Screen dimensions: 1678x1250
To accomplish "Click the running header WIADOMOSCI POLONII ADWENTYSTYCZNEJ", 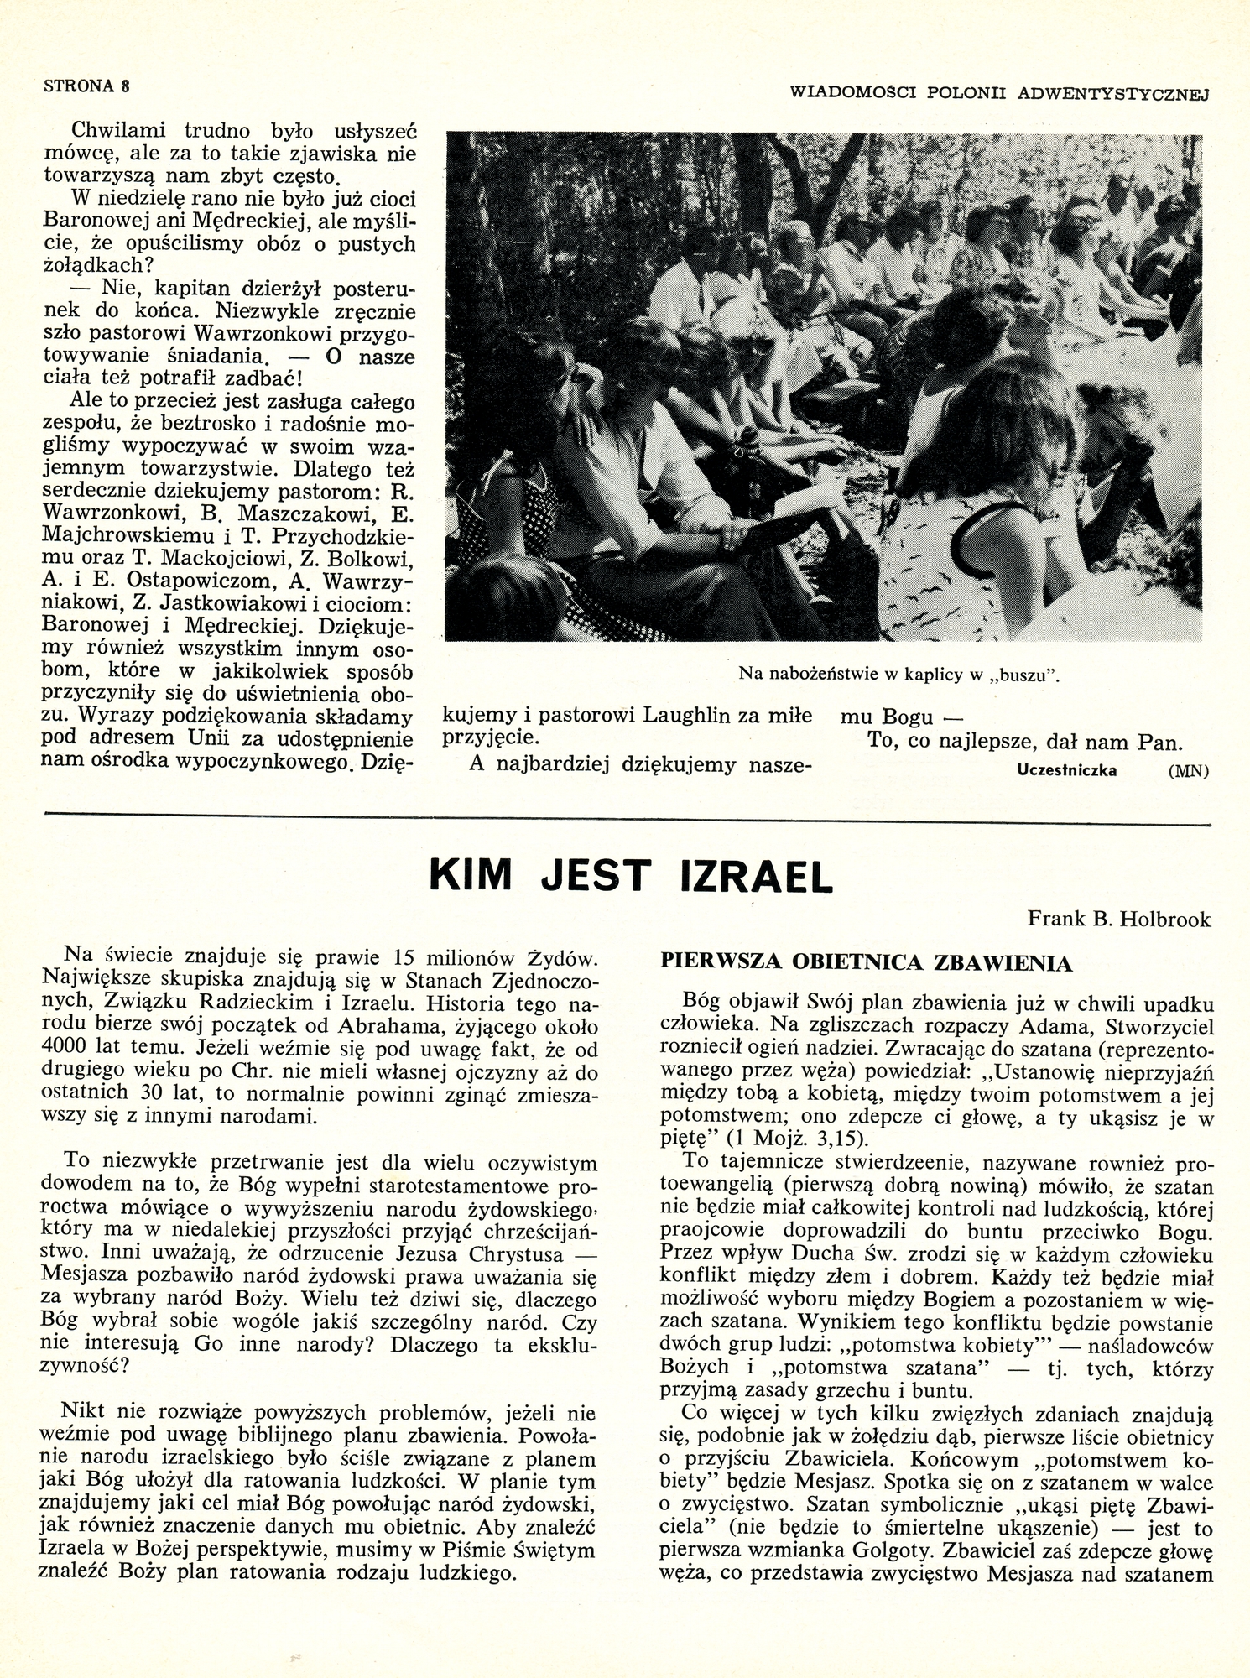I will tap(999, 93).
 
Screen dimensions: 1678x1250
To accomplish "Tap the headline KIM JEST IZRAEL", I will tap(631, 877).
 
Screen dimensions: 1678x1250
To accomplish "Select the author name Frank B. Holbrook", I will tap(1119, 920).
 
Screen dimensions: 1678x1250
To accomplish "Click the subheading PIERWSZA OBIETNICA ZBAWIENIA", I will tap(867, 963).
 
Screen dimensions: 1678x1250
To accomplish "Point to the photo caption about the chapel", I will tap(898, 674).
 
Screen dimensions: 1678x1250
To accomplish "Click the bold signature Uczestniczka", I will tap(1066, 770).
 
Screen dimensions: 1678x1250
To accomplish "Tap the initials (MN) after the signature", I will tap(1188, 771).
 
